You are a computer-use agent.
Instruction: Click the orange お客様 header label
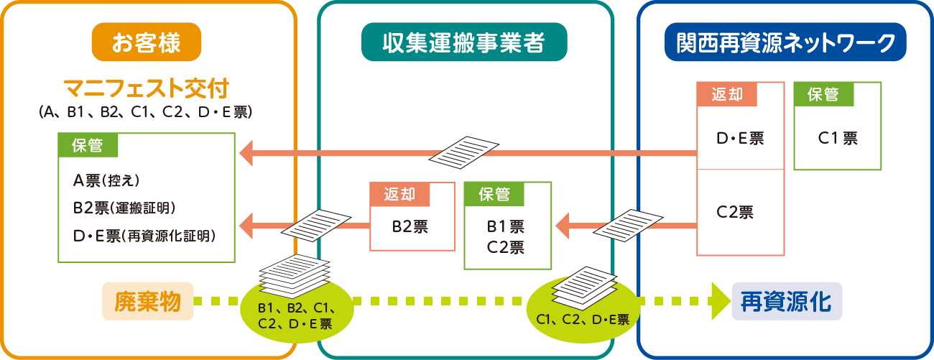146,42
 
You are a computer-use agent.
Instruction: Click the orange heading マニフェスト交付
147,89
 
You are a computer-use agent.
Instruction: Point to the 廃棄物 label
147,300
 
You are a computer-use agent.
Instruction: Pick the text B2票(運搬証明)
124,208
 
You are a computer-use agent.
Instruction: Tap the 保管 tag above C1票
823,94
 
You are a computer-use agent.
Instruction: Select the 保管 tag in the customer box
88,145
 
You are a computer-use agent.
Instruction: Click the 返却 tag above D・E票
727,94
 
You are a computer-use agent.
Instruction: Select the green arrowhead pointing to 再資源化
718,300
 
